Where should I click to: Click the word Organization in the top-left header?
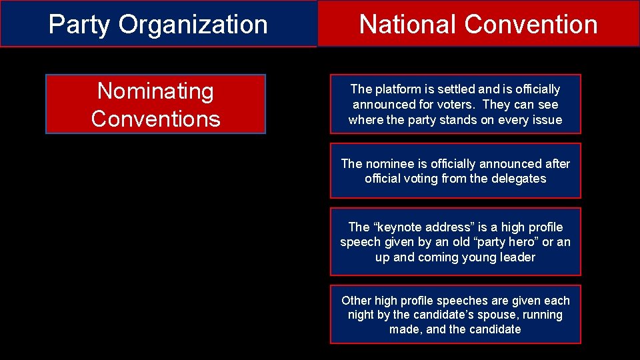pyautogui.click(x=193, y=25)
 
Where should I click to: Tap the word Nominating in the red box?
pyautogui.click(x=155, y=91)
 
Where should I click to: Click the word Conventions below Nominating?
pyautogui.click(x=155, y=119)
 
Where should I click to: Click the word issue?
pyautogui.click(x=546, y=120)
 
